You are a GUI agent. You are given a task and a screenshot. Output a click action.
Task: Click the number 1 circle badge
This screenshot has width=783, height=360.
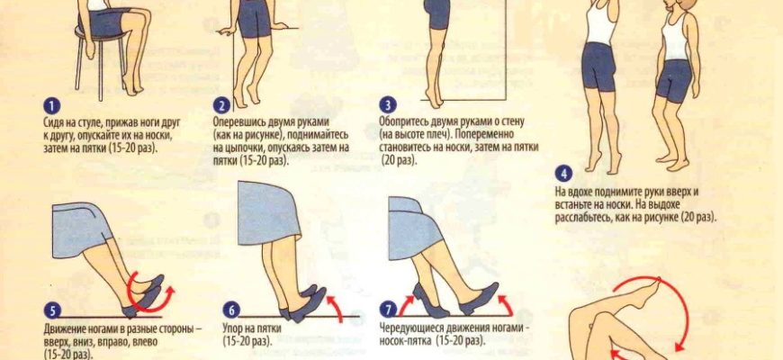(51, 106)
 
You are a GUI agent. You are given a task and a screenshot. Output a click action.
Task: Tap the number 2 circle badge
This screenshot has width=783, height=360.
(221, 105)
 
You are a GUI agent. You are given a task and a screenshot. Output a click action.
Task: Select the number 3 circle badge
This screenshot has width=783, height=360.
(388, 105)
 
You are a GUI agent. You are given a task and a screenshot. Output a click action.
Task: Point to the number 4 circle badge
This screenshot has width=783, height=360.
(563, 175)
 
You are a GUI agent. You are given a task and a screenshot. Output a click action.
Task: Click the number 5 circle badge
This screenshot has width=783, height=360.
(52, 310)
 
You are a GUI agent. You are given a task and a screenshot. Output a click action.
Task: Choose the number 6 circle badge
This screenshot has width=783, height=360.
(231, 310)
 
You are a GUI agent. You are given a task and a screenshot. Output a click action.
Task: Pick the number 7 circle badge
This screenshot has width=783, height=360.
(388, 310)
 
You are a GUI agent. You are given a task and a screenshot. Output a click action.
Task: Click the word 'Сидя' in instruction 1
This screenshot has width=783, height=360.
(54, 122)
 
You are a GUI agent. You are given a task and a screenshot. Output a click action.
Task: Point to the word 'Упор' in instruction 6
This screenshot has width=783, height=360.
(233, 329)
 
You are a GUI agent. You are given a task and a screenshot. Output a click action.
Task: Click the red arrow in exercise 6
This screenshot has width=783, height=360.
(336, 306)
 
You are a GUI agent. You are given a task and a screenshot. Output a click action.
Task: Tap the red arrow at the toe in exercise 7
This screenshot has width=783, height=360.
(506, 303)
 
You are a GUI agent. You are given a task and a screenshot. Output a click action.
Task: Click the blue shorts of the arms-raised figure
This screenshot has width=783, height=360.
(599, 67)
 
